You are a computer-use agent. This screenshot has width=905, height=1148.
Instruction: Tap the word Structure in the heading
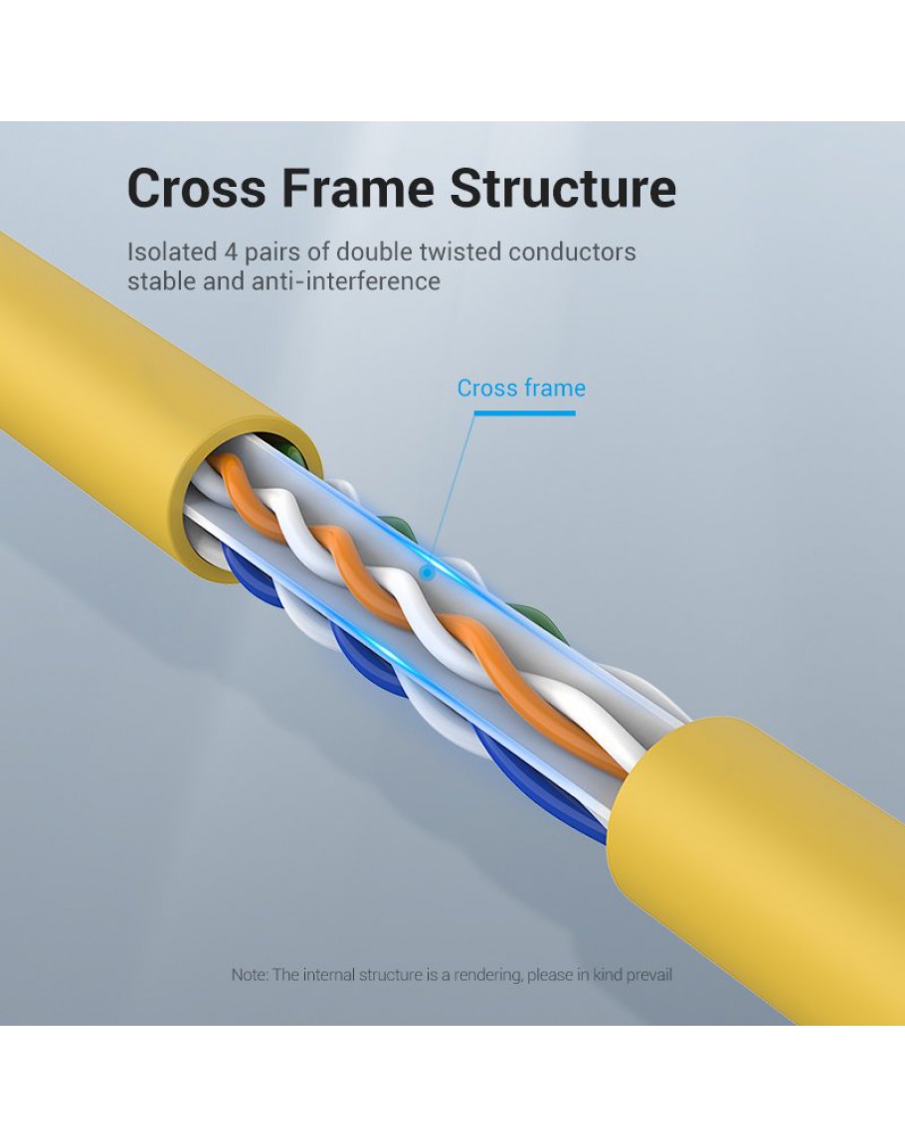click(x=562, y=189)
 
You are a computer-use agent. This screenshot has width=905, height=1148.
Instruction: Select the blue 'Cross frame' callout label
click(x=521, y=389)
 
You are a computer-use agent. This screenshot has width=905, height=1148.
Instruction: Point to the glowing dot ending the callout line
click(x=428, y=573)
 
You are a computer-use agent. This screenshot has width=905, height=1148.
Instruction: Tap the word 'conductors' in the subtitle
click(x=572, y=251)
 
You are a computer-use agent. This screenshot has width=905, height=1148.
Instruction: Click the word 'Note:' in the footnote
click(x=250, y=975)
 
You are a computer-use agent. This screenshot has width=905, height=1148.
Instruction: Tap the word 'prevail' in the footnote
click(x=646, y=975)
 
